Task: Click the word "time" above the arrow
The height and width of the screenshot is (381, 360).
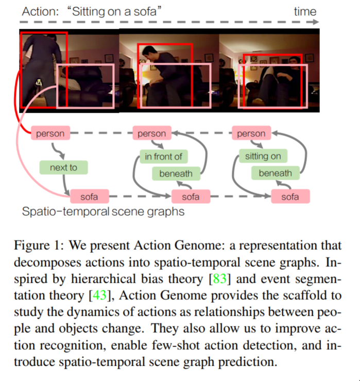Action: (x=305, y=11)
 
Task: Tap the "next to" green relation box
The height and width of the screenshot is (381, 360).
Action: (x=63, y=167)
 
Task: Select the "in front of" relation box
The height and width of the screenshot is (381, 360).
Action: (x=163, y=156)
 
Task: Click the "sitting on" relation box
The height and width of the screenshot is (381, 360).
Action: (x=263, y=156)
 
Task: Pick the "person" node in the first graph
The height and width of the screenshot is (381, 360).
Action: (x=50, y=134)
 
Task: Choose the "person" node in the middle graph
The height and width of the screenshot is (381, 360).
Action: (x=151, y=134)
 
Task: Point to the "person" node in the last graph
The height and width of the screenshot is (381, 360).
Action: (x=251, y=134)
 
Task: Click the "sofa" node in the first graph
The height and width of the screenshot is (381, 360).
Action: (x=89, y=196)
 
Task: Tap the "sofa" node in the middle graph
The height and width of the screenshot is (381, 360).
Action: (x=191, y=196)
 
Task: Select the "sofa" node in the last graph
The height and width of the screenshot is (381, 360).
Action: (x=290, y=196)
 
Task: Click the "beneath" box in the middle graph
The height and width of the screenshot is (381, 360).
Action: (x=176, y=174)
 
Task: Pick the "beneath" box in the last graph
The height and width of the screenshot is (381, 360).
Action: (x=275, y=174)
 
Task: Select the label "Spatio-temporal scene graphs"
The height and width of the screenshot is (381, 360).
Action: (x=103, y=211)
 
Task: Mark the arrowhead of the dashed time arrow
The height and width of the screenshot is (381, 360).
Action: (x=316, y=23)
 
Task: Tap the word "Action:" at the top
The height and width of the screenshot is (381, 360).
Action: (x=39, y=11)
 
